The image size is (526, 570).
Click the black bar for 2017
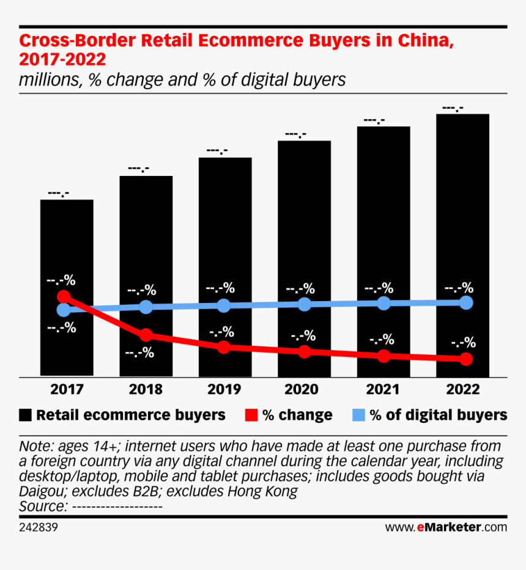[67, 244]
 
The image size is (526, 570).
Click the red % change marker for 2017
[63, 297]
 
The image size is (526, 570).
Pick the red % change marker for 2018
[146, 335]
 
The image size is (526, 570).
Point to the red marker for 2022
[466, 359]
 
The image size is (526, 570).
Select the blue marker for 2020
[304, 304]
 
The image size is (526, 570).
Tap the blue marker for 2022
[466, 302]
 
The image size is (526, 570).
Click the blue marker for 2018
[146, 307]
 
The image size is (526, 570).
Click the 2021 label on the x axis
[383, 390]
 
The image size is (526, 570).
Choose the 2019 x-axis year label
[224, 390]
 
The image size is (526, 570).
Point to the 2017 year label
[67, 390]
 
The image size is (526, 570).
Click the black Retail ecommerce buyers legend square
[26, 415]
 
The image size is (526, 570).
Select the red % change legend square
[251, 415]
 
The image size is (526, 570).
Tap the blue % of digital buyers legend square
[358, 415]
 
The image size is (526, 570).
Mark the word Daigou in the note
[40, 491]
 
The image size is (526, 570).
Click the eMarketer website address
[446, 527]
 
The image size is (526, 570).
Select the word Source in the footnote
[42, 506]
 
